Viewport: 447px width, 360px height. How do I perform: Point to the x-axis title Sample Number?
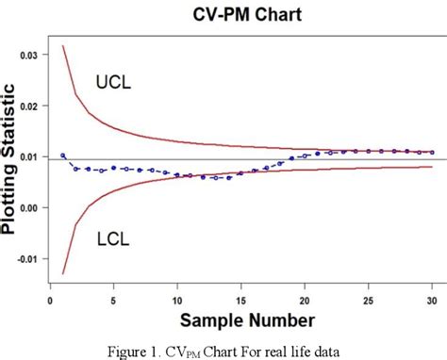pyautogui.click(x=247, y=320)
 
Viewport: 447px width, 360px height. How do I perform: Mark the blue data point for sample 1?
pyautogui.click(x=63, y=155)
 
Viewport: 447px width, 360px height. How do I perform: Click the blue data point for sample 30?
pyautogui.click(x=432, y=152)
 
